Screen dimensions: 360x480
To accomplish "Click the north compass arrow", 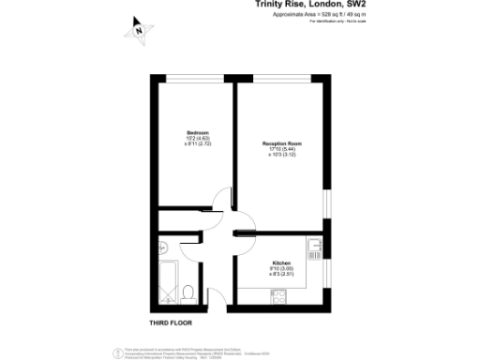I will click(x=139, y=28).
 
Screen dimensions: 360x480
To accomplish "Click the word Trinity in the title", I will click(x=272, y=5).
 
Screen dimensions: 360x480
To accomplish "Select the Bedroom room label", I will click(x=197, y=132).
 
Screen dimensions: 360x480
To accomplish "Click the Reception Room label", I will click(x=281, y=143).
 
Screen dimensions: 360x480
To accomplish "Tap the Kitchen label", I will click(x=281, y=262).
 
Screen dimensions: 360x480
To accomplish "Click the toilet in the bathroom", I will click(x=188, y=292).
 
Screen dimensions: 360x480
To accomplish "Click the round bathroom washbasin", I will click(x=162, y=248).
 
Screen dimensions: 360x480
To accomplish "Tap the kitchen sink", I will click(x=320, y=249).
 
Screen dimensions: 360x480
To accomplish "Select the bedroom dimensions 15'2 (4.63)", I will click(x=197, y=138).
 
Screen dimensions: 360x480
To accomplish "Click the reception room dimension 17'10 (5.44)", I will click(x=281, y=149).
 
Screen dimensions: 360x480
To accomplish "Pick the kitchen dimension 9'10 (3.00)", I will click(x=281, y=268).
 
